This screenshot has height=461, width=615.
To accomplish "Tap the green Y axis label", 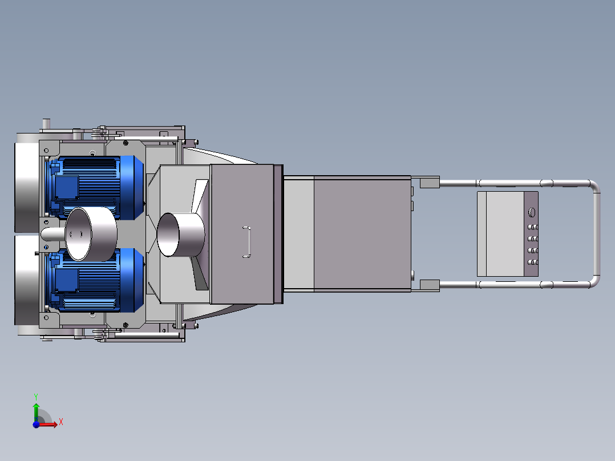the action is click(x=36, y=397).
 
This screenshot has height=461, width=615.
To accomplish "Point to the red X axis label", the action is click(x=61, y=422).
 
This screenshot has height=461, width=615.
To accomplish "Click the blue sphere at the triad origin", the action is click(x=36, y=424).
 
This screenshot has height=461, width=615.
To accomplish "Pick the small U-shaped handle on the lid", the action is click(x=247, y=242).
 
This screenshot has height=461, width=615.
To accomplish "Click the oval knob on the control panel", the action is click(x=532, y=212).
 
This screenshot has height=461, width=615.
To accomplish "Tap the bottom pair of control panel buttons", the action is click(x=533, y=262).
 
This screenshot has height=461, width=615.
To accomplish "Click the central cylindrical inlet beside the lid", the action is click(x=180, y=234).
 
